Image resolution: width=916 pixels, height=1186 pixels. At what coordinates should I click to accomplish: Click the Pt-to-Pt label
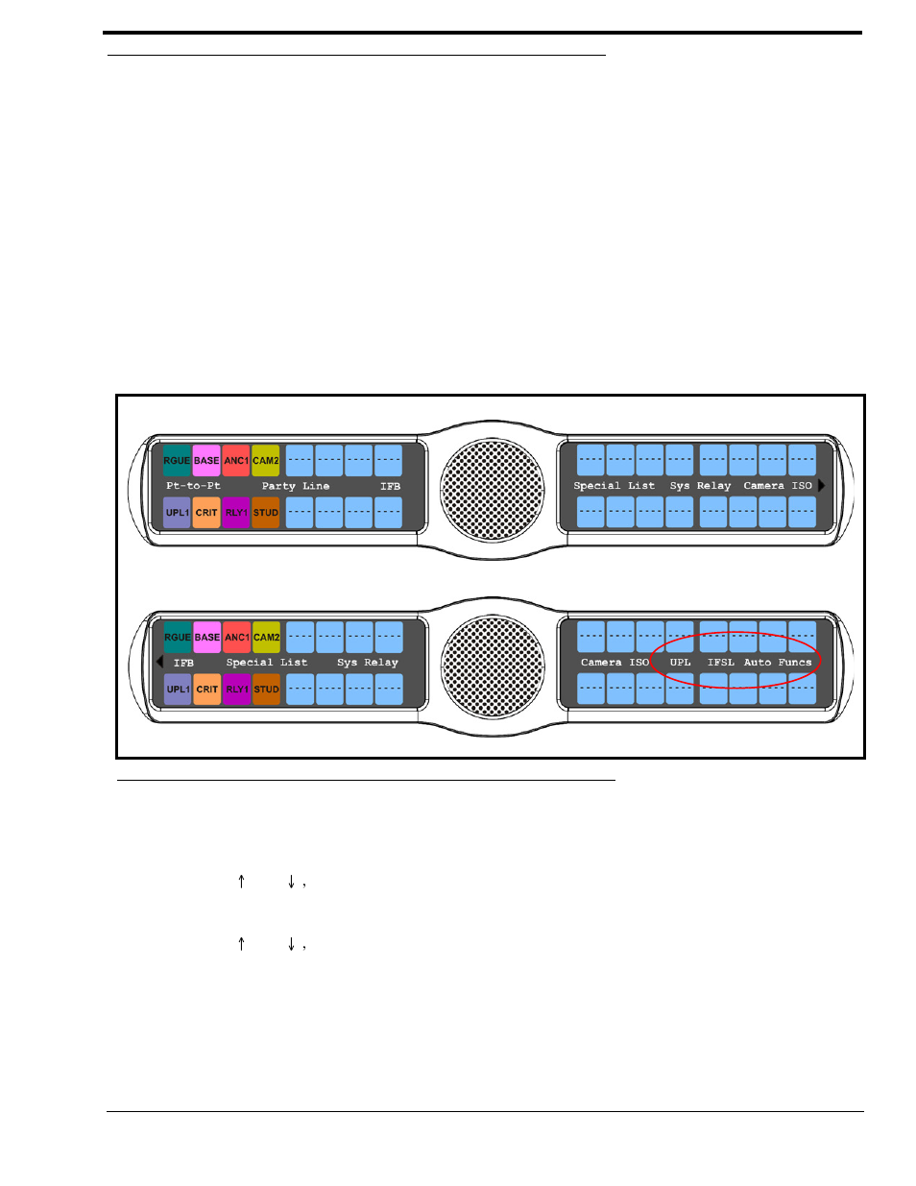pos(193,486)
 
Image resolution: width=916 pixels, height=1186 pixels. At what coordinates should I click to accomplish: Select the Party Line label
pos(295,486)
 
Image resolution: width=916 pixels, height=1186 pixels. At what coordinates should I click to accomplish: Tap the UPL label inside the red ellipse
pos(680,663)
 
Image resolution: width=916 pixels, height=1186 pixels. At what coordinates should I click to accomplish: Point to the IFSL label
pos(720,663)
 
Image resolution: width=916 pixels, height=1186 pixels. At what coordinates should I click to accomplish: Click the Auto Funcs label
pos(777,663)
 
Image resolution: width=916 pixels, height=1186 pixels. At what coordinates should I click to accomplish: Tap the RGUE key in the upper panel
pos(177,460)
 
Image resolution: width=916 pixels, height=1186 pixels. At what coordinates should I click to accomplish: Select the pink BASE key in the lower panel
pos(206,637)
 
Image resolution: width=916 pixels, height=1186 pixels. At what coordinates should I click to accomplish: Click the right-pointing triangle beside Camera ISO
pos(822,486)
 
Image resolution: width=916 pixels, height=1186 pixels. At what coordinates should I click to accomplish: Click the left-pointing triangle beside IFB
pos(159,662)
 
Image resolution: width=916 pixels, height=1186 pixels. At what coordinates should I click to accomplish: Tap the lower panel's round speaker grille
pos(492,666)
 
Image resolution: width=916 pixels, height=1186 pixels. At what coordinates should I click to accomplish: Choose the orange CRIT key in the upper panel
pos(206,512)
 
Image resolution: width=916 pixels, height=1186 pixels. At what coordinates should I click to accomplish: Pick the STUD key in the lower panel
pos(266,689)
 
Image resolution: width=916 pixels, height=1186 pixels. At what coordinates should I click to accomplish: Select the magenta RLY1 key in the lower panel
pos(236,689)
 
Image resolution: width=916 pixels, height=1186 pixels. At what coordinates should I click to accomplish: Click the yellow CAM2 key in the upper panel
pos(266,460)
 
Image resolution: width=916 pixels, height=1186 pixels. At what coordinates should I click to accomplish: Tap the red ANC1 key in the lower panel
pos(236,637)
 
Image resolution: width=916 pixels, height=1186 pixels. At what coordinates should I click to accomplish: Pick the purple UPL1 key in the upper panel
pos(177,512)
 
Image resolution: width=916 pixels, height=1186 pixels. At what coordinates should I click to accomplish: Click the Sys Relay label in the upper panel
pos(700,486)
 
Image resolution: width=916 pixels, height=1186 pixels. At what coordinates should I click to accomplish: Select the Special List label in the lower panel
pos(266,663)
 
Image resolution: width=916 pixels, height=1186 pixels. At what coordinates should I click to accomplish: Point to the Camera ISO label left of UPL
pos(615,663)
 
